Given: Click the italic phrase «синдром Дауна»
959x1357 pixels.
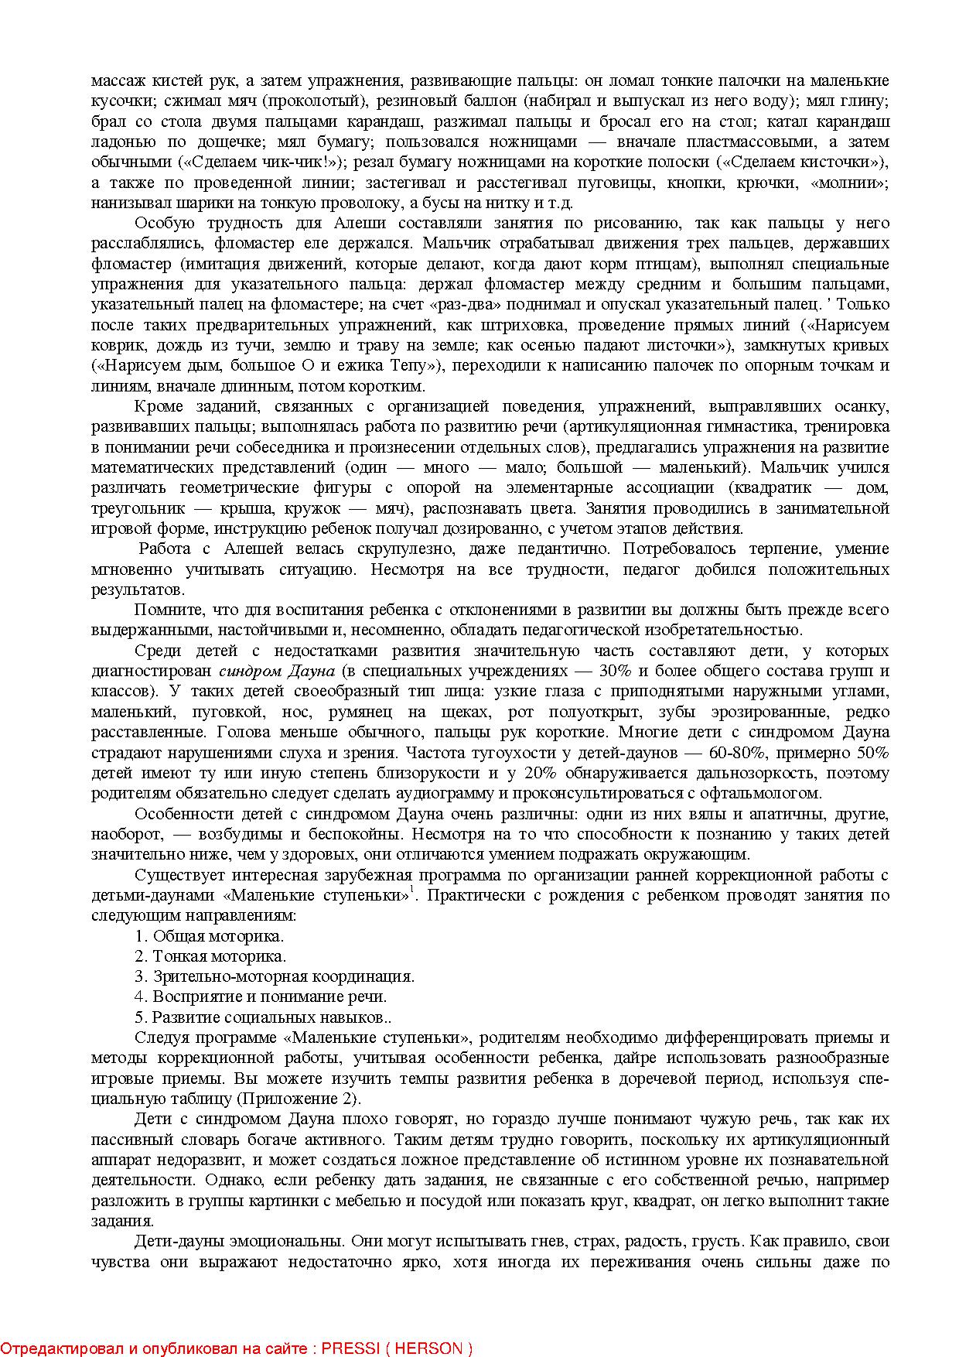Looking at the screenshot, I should coord(277,671).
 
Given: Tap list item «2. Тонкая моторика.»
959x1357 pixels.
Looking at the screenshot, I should coord(210,956).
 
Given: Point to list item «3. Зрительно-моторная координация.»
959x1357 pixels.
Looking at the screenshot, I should coord(275,976).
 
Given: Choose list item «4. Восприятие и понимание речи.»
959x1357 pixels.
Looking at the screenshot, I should coord(261,996).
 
